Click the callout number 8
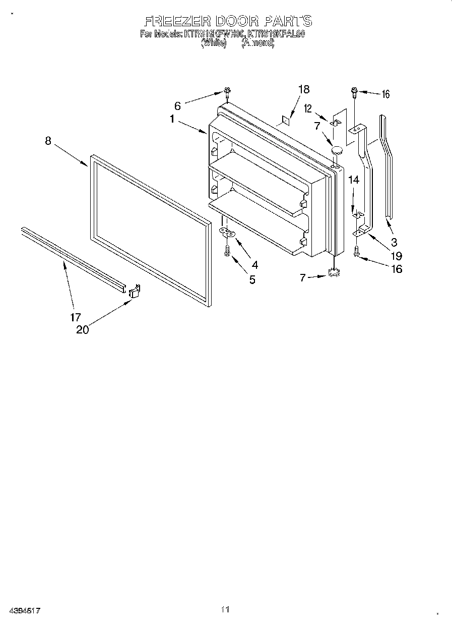(48, 141)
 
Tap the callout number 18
(303, 89)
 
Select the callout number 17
(75, 317)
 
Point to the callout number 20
(82, 330)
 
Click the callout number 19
(396, 255)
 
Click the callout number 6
(177, 106)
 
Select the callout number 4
(254, 264)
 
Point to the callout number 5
(251, 279)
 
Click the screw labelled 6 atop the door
(227, 92)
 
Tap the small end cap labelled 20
(134, 291)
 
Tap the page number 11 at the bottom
(225, 610)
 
